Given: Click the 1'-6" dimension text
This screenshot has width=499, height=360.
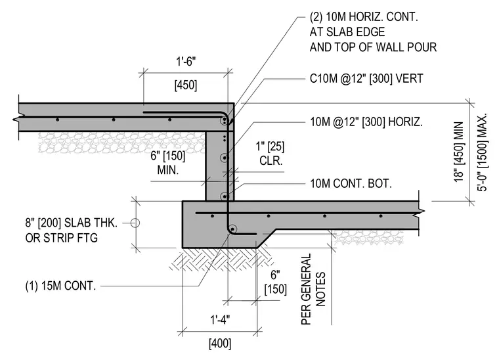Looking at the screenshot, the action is pyautogui.click(x=186, y=62).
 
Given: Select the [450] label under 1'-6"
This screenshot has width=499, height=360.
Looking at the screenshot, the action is pyautogui.click(x=186, y=85).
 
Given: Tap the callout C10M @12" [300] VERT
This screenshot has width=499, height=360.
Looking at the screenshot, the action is pyautogui.click(x=366, y=79).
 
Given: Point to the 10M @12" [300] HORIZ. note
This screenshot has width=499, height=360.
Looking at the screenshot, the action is pyautogui.click(x=366, y=122).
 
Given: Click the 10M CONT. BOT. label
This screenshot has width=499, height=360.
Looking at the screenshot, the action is pyautogui.click(x=351, y=184).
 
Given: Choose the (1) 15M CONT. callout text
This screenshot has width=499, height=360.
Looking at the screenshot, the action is pyautogui.click(x=60, y=286).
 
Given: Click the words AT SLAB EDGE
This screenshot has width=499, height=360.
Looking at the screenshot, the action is pyautogui.click(x=347, y=32).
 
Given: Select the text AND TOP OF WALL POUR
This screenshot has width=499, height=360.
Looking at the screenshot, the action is pyautogui.click(x=373, y=47).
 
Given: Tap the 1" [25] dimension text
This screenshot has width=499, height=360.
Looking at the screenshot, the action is pyautogui.click(x=271, y=146).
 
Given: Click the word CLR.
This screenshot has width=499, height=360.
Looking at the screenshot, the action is pyautogui.click(x=271, y=161).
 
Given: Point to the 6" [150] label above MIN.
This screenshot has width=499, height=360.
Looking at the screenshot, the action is pyautogui.click(x=167, y=156).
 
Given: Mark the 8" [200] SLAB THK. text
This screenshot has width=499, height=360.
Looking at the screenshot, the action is pyautogui.click(x=72, y=223).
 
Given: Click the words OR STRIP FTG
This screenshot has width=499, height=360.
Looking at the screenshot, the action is pyautogui.click(x=62, y=238).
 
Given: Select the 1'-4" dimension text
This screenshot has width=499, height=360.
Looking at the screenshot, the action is pyautogui.click(x=220, y=319).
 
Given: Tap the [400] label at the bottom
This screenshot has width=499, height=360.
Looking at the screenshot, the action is pyautogui.click(x=220, y=344).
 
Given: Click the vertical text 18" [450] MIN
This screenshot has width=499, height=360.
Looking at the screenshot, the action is pyautogui.click(x=458, y=152).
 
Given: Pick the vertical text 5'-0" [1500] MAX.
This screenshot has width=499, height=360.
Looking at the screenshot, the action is pyautogui.click(x=482, y=152).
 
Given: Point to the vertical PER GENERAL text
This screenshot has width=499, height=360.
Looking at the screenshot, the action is pyautogui.click(x=306, y=289).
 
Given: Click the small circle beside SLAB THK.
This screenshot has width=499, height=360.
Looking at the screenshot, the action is pyautogui.click(x=135, y=223).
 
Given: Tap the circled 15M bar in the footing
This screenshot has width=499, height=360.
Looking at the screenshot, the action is pyautogui.click(x=232, y=229).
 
